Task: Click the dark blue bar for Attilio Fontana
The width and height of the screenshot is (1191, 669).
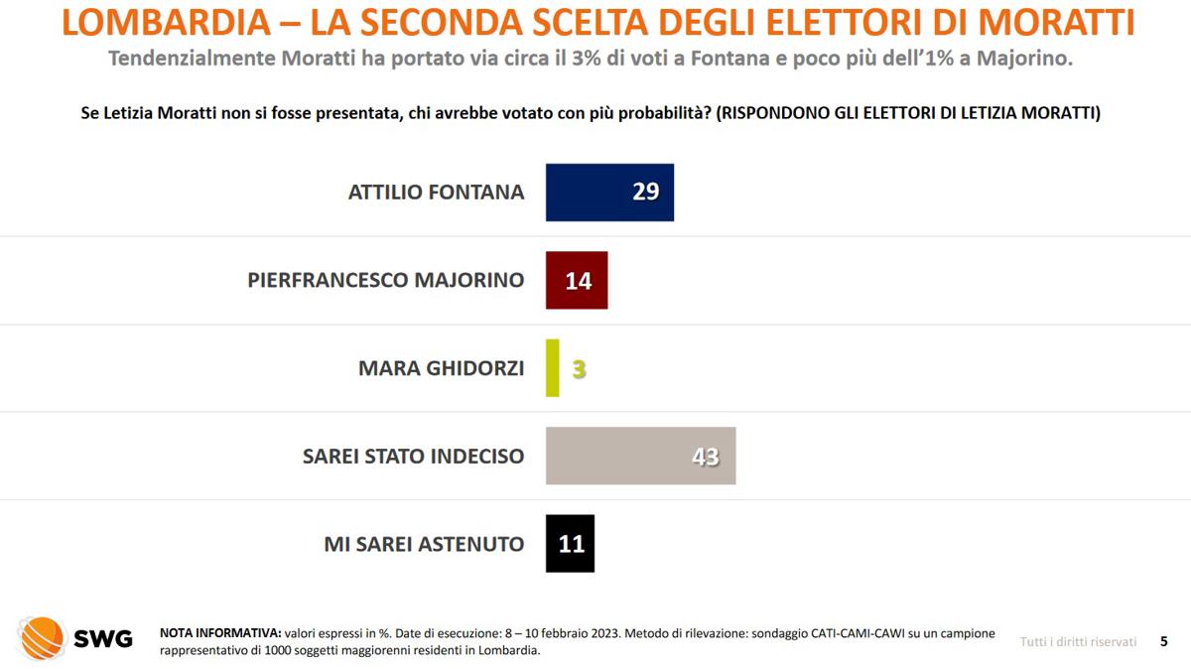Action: pyautogui.click(x=595, y=193)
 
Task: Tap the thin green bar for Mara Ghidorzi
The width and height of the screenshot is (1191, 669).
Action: pyautogui.click(x=553, y=368)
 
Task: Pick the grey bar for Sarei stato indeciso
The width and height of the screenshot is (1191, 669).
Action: pyautogui.click(x=625, y=456)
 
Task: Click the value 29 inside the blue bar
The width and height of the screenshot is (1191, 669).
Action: pyautogui.click(x=645, y=192)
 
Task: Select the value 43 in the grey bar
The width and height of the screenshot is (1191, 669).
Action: pyautogui.click(x=705, y=457)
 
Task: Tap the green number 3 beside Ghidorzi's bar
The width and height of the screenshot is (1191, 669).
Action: pyautogui.click(x=579, y=369)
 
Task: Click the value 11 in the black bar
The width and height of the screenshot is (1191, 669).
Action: pyautogui.click(x=572, y=544)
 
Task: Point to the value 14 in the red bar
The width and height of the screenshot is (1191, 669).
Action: pyautogui.click(x=578, y=281)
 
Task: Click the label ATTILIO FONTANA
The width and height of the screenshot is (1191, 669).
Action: pyautogui.click(x=436, y=193)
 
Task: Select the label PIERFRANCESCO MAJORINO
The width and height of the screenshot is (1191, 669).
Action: pyautogui.click(x=385, y=280)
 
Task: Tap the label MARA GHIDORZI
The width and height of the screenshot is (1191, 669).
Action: pyautogui.click(x=441, y=368)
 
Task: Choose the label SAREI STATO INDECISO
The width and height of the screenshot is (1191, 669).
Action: pyautogui.click(x=413, y=457)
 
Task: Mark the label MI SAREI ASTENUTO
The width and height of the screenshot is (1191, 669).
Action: pyautogui.click(x=424, y=544)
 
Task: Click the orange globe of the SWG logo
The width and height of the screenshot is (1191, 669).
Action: pyautogui.click(x=42, y=638)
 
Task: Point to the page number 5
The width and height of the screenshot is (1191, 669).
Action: pyautogui.click(x=1163, y=642)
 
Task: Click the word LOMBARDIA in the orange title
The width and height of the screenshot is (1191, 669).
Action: pyautogui.click(x=164, y=22)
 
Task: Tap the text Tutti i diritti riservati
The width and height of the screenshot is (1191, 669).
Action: pyautogui.click(x=1078, y=642)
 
